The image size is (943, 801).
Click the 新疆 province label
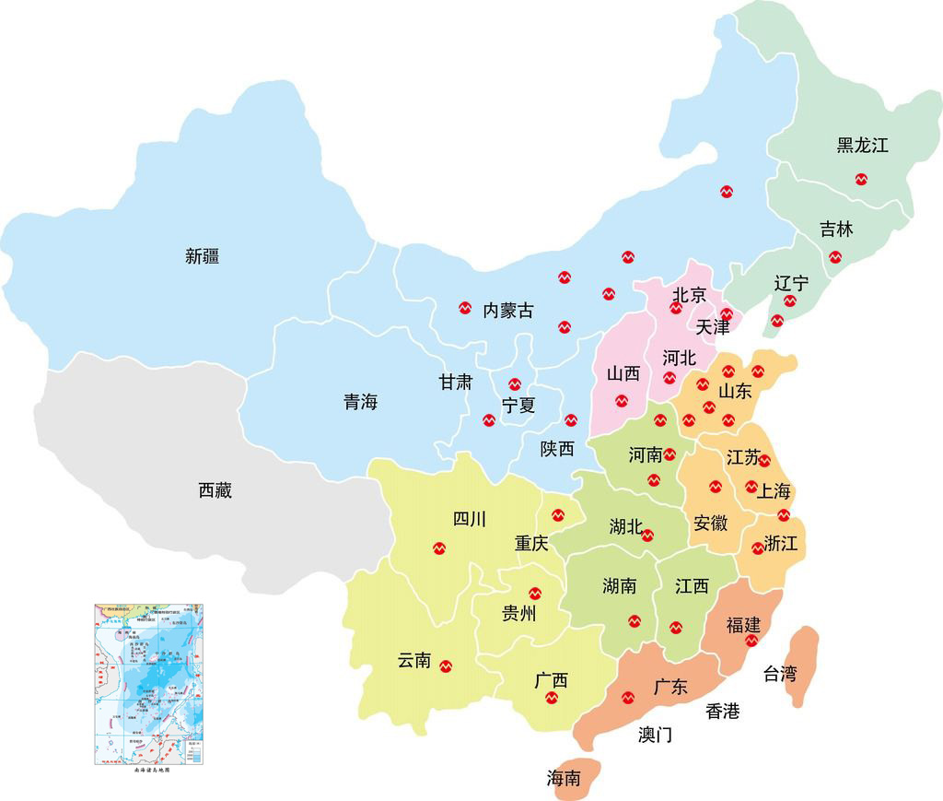pyautogui.click(x=202, y=256)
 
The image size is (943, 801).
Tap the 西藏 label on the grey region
pyautogui.click(x=215, y=490)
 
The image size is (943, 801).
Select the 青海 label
pyautogui.click(x=360, y=402)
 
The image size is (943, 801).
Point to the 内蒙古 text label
pyautogui.click(x=508, y=310)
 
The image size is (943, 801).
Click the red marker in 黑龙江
pyautogui.click(x=861, y=179)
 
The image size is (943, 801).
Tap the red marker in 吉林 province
pyautogui.click(x=835, y=257)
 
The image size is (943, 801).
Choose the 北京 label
pyautogui.click(x=689, y=295)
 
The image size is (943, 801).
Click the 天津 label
pyautogui.click(x=713, y=326)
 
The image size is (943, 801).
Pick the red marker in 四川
pyautogui.click(x=439, y=548)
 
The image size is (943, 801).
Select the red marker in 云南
pyautogui.click(x=447, y=666)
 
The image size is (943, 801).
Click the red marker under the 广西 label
pyautogui.click(x=552, y=698)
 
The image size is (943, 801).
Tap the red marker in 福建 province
pyautogui.click(x=751, y=641)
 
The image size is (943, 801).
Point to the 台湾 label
pyautogui.click(x=779, y=674)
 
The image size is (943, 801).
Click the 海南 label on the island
pyautogui.click(x=564, y=778)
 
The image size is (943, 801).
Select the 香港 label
pyautogui.click(x=722, y=711)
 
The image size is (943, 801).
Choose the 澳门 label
pyautogui.click(x=655, y=735)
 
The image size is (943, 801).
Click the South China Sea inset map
pyautogui.click(x=149, y=683)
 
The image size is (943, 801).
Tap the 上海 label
pyautogui.click(x=774, y=490)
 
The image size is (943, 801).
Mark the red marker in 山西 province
pyautogui.click(x=622, y=401)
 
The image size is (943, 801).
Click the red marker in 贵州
pyautogui.click(x=535, y=594)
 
